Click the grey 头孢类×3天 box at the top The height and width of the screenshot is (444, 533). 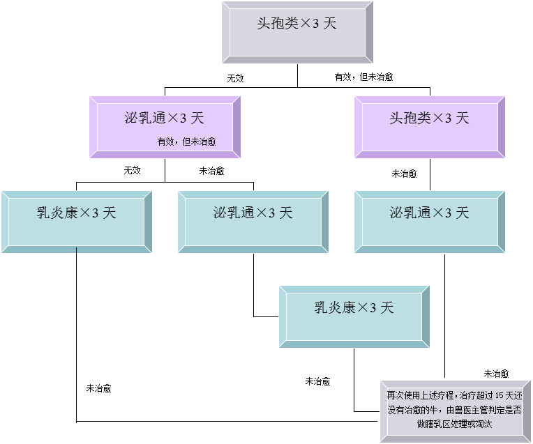point(296,32)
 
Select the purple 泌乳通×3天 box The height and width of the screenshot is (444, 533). point(165,127)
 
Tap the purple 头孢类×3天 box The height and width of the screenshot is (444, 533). point(429,127)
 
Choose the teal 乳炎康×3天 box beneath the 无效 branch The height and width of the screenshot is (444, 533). point(76,221)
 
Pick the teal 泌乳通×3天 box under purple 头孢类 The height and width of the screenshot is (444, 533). point(429,221)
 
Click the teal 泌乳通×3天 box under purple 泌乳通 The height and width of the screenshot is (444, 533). point(253,221)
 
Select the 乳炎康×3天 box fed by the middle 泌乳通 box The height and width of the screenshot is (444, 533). point(354,316)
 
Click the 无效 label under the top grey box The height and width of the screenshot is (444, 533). point(235,77)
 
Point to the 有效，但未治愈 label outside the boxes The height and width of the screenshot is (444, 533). point(363,77)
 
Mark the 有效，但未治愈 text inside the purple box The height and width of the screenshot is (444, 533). point(186,141)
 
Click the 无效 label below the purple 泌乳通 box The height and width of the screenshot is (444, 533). point(132,170)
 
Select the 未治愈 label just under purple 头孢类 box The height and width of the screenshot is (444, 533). point(404,174)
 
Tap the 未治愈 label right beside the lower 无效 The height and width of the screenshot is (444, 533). point(211,170)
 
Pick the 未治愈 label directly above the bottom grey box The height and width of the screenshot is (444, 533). point(496,374)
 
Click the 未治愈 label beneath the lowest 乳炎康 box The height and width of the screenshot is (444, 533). point(317,381)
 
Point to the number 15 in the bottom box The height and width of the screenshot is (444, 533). point(490,396)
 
